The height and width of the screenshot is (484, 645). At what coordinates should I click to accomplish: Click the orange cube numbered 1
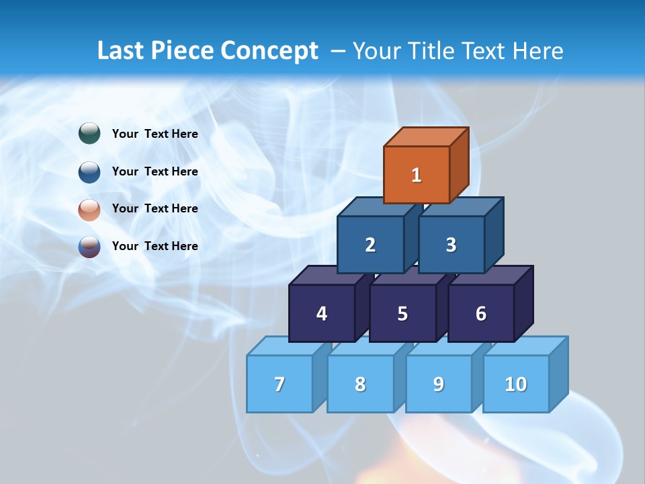click(417, 175)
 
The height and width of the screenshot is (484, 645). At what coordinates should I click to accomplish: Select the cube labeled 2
click(370, 245)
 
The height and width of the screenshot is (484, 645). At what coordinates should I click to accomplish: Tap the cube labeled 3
click(451, 245)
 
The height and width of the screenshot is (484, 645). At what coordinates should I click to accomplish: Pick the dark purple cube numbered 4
click(322, 313)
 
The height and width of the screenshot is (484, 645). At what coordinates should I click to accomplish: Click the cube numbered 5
click(402, 313)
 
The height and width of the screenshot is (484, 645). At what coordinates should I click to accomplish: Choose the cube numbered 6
click(481, 313)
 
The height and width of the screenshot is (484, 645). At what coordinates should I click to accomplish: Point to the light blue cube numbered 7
click(279, 384)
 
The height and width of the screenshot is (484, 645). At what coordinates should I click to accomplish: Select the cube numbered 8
click(360, 384)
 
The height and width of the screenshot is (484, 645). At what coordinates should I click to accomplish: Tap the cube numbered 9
click(438, 384)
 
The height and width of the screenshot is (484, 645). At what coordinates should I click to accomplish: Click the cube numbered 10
click(515, 384)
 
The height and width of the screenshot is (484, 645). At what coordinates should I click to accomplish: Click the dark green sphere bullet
click(89, 134)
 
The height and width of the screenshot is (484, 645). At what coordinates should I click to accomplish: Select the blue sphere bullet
click(89, 171)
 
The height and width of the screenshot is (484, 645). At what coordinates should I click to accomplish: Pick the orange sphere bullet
click(89, 209)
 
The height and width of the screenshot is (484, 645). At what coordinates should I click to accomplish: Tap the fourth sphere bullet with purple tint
click(89, 247)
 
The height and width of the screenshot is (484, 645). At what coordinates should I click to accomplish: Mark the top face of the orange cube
click(426, 137)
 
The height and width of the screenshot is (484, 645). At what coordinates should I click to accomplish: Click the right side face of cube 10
click(558, 373)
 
